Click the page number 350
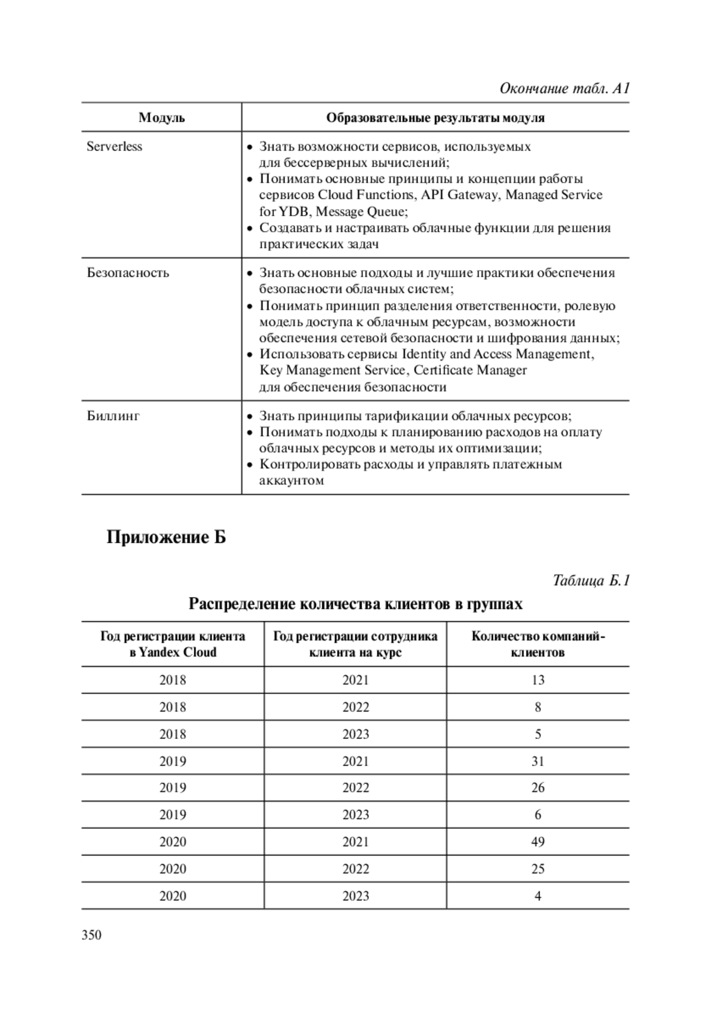point(92,935)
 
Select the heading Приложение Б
point(166,538)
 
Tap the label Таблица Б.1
point(591,580)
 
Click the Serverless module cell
point(114,146)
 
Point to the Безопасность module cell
point(128,273)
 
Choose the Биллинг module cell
point(113,416)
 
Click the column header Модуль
point(162,117)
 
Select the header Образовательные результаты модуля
point(435,117)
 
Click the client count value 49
point(537,841)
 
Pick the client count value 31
point(537,761)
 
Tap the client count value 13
point(537,680)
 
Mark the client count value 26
point(537,787)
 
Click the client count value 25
point(537,869)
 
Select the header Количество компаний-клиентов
point(537,644)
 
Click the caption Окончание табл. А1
point(564,89)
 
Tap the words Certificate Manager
point(470,370)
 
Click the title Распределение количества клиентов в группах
point(355,604)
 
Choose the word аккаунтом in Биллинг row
point(292,481)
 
